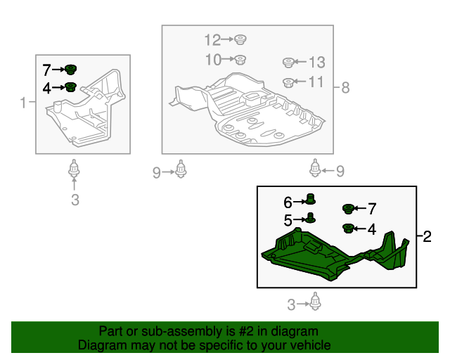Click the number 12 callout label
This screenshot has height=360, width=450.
coord(212,40)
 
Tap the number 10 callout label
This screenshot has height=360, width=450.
coord(214,60)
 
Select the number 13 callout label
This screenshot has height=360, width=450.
coord(317,63)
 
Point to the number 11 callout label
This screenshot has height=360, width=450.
coord(316,82)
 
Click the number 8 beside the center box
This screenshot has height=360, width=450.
coord(345,87)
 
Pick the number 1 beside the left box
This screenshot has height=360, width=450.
coord(23,103)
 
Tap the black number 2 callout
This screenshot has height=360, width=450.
coord(427,236)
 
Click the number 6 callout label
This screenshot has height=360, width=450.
coord(288,202)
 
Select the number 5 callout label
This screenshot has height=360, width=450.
coord(288,221)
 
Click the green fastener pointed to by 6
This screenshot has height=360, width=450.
coord(310,199)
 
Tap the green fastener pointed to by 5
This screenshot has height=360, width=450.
coord(310,218)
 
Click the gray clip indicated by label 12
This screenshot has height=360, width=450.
coord(240,39)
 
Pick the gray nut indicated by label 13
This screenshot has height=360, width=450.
coord(288,63)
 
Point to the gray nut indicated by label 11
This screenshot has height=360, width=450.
coord(288,83)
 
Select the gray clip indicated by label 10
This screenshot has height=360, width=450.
coord(240,60)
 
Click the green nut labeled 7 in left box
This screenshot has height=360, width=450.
coord(70,70)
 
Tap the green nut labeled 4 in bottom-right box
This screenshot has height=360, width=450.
coord(348,229)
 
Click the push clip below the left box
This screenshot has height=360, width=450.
coord(74,168)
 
